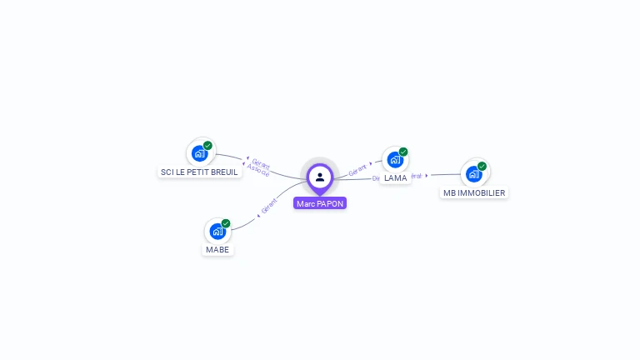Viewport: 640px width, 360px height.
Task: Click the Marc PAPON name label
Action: click(x=320, y=203)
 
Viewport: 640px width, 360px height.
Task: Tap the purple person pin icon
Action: click(x=320, y=177)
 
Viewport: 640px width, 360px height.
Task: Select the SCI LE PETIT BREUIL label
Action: click(x=199, y=172)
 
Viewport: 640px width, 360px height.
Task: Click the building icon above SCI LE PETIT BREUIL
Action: click(x=199, y=153)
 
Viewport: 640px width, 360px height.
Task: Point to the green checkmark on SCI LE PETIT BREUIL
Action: click(x=207, y=146)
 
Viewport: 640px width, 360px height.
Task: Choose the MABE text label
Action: click(x=217, y=249)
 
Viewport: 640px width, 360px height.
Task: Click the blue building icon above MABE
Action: click(x=217, y=231)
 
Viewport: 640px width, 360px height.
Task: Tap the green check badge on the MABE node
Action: click(x=226, y=223)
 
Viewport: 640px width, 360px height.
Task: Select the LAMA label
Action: click(x=395, y=178)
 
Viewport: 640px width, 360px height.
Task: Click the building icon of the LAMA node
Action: click(x=395, y=159)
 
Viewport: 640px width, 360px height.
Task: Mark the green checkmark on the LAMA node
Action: click(x=403, y=152)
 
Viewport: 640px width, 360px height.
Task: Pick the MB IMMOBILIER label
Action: click(x=474, y=192)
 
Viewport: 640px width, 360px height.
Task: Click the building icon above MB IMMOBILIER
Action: click(x=474, y=173)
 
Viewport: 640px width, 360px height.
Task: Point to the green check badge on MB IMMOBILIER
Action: click(x=482, y=166)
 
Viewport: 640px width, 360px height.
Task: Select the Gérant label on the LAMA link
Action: click(x=357, y=168)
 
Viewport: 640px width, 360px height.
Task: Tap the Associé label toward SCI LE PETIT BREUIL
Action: click(x=257, y=171)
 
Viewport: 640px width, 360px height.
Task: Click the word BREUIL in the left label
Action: click(x=223, y=172)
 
